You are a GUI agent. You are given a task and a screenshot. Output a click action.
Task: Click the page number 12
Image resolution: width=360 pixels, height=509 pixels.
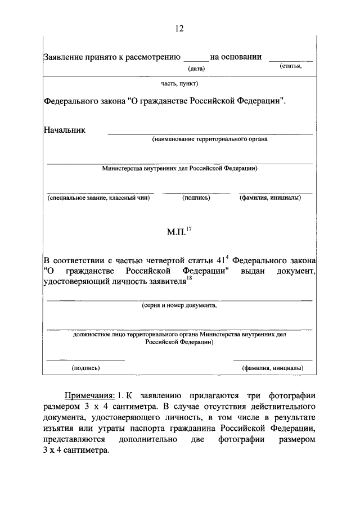(179, 29)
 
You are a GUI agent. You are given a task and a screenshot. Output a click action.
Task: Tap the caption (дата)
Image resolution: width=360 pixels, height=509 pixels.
(196, 69)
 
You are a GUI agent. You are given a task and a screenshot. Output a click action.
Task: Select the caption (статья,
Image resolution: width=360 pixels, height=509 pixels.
(291, 67)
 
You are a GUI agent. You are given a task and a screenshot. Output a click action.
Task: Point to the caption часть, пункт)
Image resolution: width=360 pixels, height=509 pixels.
(179, 83)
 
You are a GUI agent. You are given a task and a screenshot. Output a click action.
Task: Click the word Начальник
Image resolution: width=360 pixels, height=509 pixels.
(65, 130)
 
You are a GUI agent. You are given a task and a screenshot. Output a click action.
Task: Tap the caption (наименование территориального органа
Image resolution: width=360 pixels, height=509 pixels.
(209, 139)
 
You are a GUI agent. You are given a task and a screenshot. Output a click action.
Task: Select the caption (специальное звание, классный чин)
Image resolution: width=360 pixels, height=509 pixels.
(98, 198)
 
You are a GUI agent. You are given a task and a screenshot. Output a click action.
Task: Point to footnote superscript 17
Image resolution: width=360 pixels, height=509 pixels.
(189, 227)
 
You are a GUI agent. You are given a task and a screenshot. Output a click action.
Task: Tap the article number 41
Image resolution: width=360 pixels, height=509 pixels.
(220, 261)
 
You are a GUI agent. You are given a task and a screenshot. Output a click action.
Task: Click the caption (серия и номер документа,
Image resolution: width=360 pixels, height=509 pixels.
(179, 306)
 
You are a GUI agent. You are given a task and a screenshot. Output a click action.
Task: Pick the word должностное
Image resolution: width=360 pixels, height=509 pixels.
(89, 334)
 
